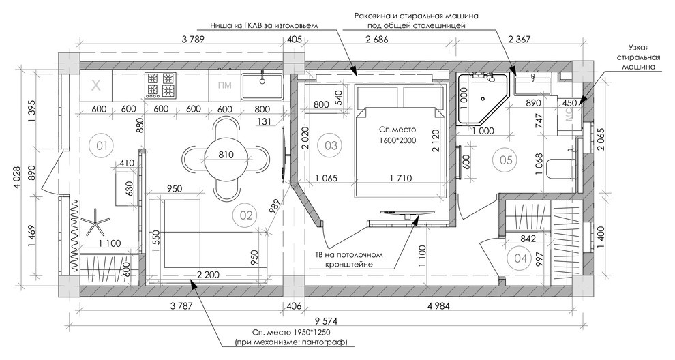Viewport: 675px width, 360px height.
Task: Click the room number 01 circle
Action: click(102, 145)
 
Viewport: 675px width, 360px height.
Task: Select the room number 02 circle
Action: click(246, 215)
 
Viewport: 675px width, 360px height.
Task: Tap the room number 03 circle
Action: click(331, 145)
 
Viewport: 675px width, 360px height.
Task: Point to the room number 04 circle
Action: click(520, 258)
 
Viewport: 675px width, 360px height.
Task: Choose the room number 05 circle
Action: click(506, 160)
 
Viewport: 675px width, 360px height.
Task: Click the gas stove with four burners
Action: click(161, 84)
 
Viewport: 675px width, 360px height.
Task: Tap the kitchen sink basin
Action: click(262, 86)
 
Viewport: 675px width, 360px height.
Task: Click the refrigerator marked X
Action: click(96, 86)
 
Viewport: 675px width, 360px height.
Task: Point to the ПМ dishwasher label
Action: click(225, 85)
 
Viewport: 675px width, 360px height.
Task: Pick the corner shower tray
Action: click(482, 99)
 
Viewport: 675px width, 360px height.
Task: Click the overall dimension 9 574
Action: click(326, 321)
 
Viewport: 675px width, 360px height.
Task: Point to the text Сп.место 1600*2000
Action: click(397, 134)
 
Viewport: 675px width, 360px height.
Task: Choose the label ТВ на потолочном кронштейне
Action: click(348, 259)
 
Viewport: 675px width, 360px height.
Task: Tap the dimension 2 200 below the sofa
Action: click(208, 274)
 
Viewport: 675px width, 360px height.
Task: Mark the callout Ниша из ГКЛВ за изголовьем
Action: click(264, 25)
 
